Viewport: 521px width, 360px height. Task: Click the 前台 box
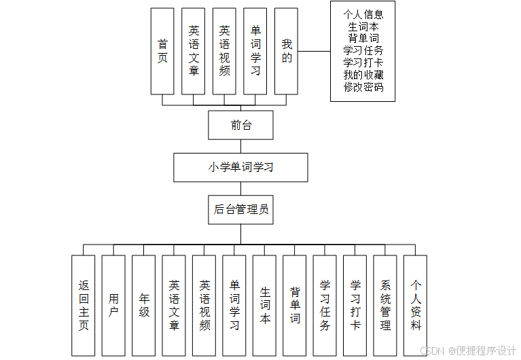[x=240, y=125]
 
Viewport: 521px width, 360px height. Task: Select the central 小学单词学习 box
[x=240, y=167]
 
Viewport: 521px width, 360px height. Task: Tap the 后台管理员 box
[x=240, y=209]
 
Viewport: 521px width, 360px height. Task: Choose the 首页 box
[x=162, y=51]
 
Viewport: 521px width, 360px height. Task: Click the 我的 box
[x=287, y=51]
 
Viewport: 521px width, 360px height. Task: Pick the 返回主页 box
[x=84, y=305]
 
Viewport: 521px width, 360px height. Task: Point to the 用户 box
[x=113, y=305]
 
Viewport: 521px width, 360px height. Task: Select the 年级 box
[x=144, y=305]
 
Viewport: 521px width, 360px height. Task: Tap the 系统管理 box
[x=385, y=305]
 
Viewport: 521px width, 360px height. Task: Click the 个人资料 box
[x=415, y=305]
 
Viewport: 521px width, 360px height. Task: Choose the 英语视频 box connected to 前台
[x=224, y=51]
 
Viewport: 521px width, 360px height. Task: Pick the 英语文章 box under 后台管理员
[x=174, y=305]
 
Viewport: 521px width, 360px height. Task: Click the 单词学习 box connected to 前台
[x=255, y=51]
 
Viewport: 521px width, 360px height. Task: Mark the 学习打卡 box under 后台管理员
[x=355, y=305]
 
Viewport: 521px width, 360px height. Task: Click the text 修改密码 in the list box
[x=363, y=87]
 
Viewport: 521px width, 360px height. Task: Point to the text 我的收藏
[x=363, y=75]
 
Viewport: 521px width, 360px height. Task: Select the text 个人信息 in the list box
[x=363, y=14]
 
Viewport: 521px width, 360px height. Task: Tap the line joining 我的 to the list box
[x=314, y=51]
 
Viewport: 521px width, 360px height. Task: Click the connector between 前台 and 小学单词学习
[x=240, y=146]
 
